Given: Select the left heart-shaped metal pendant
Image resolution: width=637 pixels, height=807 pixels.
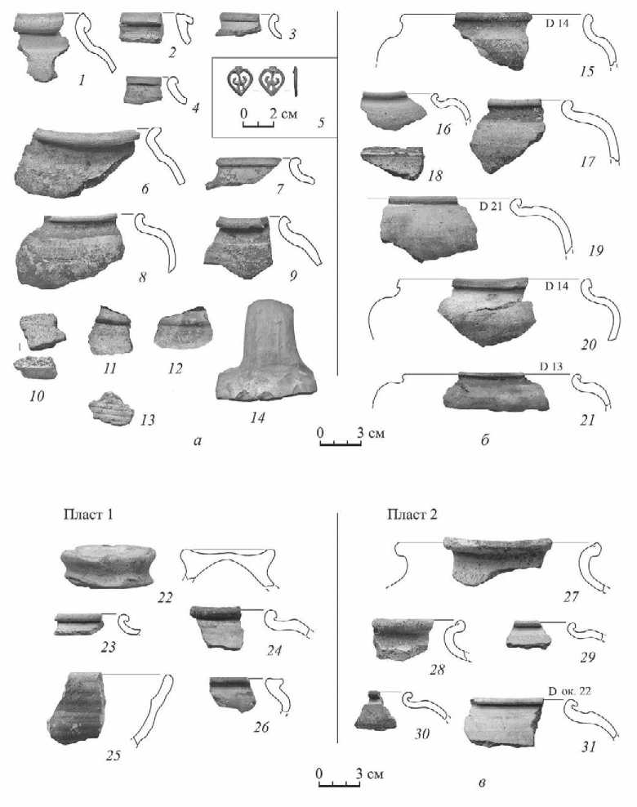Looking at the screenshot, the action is click(239, 81).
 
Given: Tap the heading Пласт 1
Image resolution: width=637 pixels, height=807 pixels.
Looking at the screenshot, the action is click(88, 514).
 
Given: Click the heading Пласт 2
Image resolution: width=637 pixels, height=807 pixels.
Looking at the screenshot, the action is click(412, 514).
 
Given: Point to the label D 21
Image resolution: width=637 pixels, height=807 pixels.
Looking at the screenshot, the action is click(490, 207).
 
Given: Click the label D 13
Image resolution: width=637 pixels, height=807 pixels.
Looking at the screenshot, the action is click(551, 367).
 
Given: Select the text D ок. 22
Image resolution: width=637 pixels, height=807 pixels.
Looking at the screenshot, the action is click(569, 691).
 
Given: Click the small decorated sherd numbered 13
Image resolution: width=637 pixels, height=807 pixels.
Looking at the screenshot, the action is click(110, 409).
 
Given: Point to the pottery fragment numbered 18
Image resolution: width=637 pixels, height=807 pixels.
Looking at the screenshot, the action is click(393, 163).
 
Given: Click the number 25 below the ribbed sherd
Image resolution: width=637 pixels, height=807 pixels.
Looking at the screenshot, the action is click(113, 755).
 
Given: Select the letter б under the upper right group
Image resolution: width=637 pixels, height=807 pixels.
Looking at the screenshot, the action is click(485, 440).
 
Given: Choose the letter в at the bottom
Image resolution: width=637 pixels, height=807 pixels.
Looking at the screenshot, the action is click(482, 783).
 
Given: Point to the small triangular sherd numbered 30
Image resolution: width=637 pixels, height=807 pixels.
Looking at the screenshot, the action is click(375, 711).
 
